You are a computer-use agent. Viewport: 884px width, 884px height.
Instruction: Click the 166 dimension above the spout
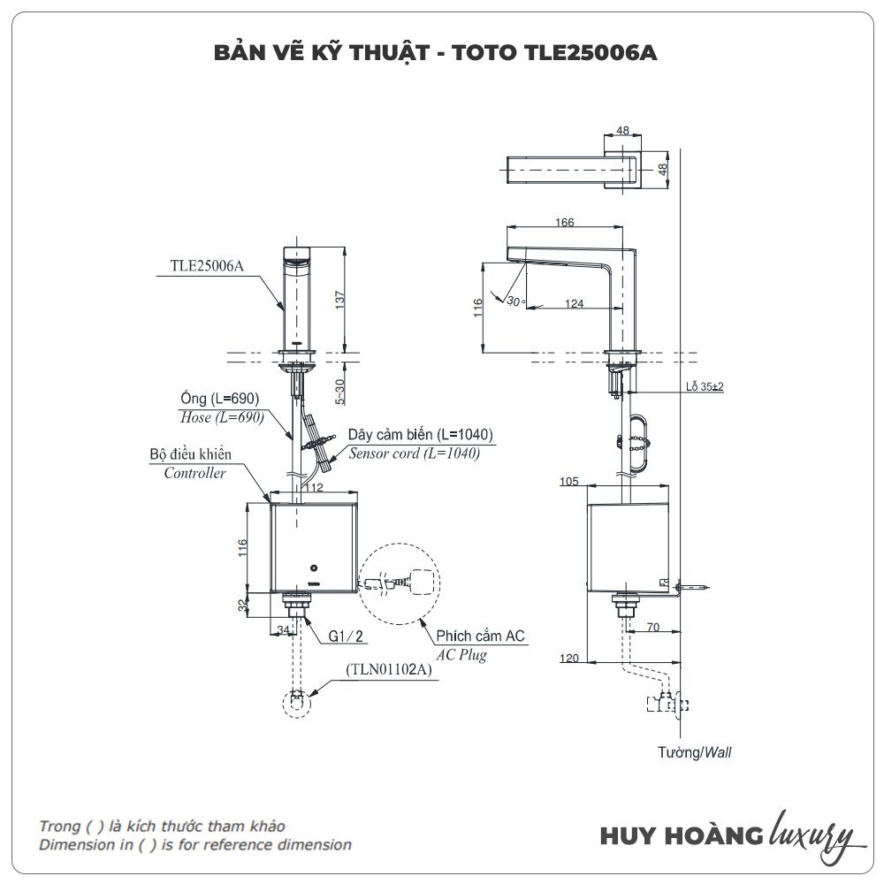click(x=565, y=222)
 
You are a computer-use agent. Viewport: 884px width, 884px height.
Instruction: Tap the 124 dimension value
click(x=574, y=303)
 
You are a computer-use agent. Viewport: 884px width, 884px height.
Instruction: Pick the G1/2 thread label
click(x=346, y=635)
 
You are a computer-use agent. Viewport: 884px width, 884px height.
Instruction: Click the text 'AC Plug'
click(x=461, y=655)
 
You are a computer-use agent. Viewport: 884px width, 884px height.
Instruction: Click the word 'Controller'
click(x=194, y=473)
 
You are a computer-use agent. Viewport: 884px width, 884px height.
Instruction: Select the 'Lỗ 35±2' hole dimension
click(x=705, y=387)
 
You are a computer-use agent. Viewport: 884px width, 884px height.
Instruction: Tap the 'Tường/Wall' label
click(x=695, y=753)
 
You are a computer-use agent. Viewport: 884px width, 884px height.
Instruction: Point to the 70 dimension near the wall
click(x=653, y=628)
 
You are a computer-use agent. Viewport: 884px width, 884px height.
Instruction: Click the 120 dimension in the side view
click(x=569, y=658)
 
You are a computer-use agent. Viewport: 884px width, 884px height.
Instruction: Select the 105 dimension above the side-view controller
click(x=569, y=481)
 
